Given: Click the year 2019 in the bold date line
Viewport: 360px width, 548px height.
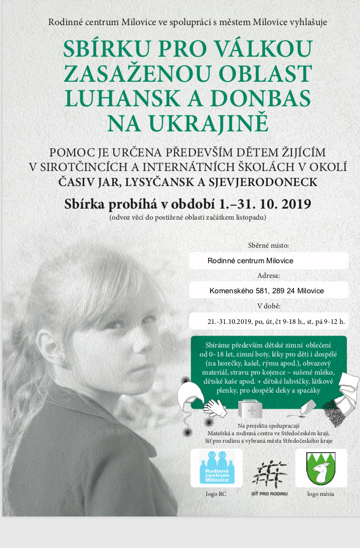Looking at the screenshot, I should pyautogui.click(x=290, y=204).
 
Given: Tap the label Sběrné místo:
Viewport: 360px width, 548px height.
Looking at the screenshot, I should pyautogui.click(x=269, y=246).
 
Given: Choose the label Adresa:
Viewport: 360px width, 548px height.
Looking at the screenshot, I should pyautogui.click(x=269, y=276).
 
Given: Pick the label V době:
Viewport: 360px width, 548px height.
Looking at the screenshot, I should pyautogui.click(x=269, y=306).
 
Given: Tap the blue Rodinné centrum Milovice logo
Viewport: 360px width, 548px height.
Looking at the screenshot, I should pyautogui.click(x=217, y=467).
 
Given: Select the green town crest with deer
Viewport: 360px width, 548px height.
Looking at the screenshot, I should pyautogui.click(x=321, y=468).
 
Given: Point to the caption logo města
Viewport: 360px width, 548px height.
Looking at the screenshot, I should pyautogui.click(x=321, y=494).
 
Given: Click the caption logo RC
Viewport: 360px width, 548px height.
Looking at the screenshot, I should pyautogui.click(x=217, y=494).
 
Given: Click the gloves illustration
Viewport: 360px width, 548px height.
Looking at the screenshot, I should pyautogui.click(x=215, y=407).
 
